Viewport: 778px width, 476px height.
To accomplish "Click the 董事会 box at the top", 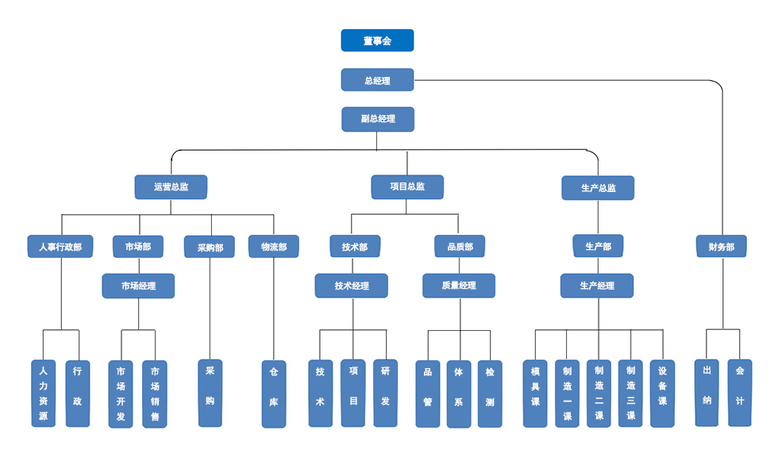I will pyautogui.click(x=377, y=40).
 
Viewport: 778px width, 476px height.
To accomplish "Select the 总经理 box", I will pyautogui.click(x=377, y=80).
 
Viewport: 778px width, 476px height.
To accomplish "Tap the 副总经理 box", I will pyautogui.click(x=378, y=119).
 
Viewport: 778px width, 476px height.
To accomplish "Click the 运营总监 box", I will pyautogui.click(x=171, y=187).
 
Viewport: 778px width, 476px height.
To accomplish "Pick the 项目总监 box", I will pyautogui.click(x=407, y=187).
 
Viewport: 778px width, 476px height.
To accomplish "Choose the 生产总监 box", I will pyautogui.click(x=598, y=188).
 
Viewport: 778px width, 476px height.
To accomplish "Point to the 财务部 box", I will pyautogui.click(x=722, y=247).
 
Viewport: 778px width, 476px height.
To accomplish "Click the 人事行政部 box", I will pyautogui.click(x=60, y=247).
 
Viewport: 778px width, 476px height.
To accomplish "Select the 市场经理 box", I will pyautogui.click(x=138, y=286).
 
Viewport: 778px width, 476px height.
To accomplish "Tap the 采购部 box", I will pyautogui.click(x=210, y=248).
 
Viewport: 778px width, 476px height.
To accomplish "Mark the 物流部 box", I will pyautogui.click(x=274, y=247).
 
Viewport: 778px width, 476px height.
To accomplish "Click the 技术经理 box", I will pyautogui.click(x=351, y=286).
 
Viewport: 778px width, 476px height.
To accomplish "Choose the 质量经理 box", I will pyautogui.click(x=459, y=286).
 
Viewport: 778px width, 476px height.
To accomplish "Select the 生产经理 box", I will pyautogui.click(x=597, y=286).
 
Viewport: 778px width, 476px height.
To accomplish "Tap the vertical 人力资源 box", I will pyautogui.click(x=44, y=393).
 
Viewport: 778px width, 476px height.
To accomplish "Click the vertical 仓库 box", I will pyautogui.click(x=274, y=394).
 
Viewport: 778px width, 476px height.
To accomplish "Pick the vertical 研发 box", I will pyautogui.click(x=385, y=393).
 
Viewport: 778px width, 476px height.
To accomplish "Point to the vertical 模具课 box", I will pyautogui.click(x=535, y=393).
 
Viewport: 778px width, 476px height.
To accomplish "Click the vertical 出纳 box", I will pyautogui.click(x=707, y=393).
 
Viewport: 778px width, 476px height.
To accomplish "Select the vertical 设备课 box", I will pyautogui.click(x=662, y=393).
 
